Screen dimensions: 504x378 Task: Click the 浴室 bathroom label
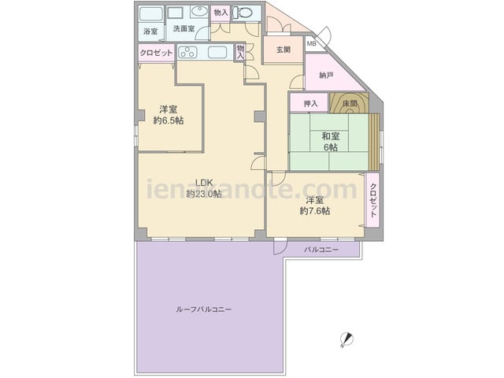150,31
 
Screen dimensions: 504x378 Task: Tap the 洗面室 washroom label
183,28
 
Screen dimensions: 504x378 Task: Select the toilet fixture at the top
243,13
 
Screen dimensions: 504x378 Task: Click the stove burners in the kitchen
187,52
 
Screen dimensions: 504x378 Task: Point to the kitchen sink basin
217,52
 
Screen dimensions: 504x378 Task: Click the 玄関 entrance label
283,50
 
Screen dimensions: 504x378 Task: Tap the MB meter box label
311,43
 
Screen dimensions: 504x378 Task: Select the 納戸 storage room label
326,76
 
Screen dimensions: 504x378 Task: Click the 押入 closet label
311,103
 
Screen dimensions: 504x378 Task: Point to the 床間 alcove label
350,103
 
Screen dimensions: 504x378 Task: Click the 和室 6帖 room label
331,142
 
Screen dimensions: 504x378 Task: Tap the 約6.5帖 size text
169,120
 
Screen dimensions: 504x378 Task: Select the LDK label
204,183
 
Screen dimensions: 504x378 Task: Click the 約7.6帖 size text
315,211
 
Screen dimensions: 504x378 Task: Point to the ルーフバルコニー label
204,309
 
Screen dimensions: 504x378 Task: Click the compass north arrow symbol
346,339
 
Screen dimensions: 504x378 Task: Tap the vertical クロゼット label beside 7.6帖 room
372,200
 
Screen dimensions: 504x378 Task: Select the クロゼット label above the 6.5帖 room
156,53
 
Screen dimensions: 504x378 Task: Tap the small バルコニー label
321,250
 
